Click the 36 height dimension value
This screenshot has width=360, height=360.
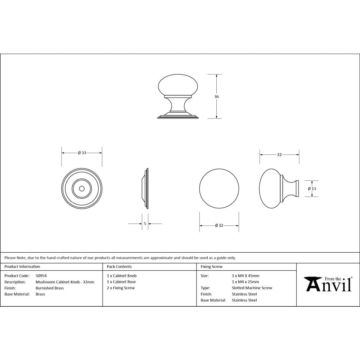[216, 96]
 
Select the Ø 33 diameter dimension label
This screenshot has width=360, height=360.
[82, 153]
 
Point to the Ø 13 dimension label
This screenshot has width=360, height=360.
[312, 189]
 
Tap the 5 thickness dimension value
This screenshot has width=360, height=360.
[145, 224]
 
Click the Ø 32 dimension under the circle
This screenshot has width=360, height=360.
[219, 226]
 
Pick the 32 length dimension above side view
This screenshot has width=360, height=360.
[279, 154]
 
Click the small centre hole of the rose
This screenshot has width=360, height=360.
[82, 188]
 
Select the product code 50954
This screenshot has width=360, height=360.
[41, 276]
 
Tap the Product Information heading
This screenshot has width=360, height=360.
[22, 267]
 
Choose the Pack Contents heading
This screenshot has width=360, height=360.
[119, 267]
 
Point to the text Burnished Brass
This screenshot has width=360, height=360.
[50, 288]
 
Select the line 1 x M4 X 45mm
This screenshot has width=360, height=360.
[246, 276]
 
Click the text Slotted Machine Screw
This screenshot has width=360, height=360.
[252, 288]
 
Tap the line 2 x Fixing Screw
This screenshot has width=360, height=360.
[121, 288]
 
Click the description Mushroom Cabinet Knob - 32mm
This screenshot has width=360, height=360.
[65, 282]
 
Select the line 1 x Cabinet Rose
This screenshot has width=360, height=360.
[121, 282]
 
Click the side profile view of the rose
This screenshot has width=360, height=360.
[145, 188]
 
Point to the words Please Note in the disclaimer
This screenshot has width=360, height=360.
[14, 258]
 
